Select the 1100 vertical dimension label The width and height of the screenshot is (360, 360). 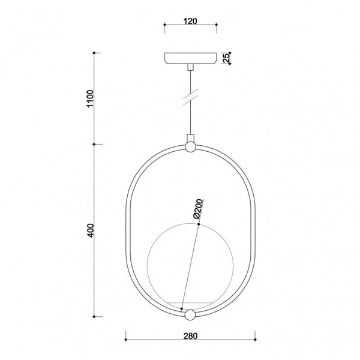(90, 98)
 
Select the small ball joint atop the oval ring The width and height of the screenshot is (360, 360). (190, 146)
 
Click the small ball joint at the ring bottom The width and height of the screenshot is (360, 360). (190, 315)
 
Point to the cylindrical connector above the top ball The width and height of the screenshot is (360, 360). (190, 137)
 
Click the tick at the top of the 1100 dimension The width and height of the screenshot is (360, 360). (95, 53)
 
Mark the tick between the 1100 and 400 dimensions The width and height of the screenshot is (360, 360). (95, 145)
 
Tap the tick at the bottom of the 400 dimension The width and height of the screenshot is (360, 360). (95, 316)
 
